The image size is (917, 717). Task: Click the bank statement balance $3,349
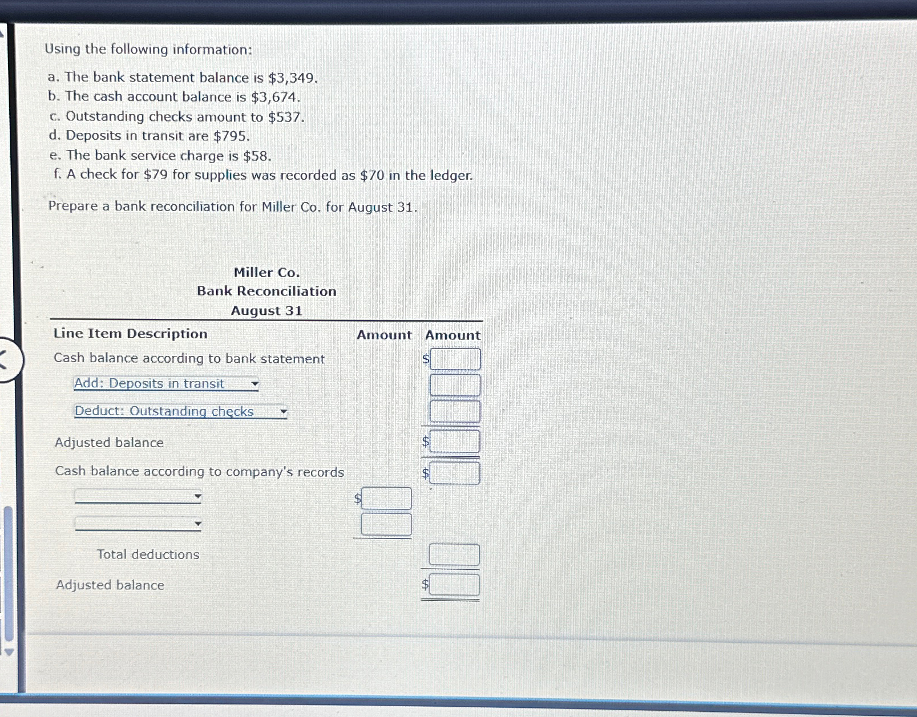pyautogui.click(x=292, y=78)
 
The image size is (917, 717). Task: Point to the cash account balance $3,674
pyautogui.click(x=274, y=98)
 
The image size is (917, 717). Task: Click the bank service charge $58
pyautogui.click(x=256, y=156)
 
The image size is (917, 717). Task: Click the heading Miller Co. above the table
pyautogui.click(x=266, y=273)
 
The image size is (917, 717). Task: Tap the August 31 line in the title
pyautogui.click(x=266, y=311)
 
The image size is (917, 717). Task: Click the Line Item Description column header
pyautogui.click(x=130, y=334)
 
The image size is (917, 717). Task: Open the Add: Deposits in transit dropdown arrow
pyautogui.click(x=255, y=384)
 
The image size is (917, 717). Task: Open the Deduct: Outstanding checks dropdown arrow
pyautogui.click(x=283, y=411)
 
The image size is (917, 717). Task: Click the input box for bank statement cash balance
pyautogui.click(x=455, y=359)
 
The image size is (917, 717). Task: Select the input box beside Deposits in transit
pyautogui.click(x=455, y=385)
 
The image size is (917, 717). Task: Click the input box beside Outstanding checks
pyautogui.click(x=455, y=411)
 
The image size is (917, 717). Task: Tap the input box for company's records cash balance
pyautogui.click(x=455, y=473)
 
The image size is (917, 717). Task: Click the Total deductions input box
pyautogui.click(x=454, y=554)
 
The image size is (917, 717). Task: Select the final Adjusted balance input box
pyautogui.click(x=454, y=585)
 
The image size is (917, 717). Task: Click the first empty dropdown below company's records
pyautogui.click(x=138, y=497)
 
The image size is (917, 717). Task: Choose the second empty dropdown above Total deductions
pyautogui.click(x=138, y=524)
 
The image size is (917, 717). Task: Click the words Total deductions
pyautogui.click(x=148, y=554)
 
